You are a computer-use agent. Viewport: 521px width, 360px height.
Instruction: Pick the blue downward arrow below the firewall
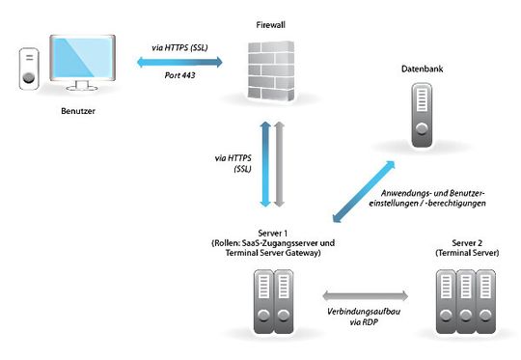tap(264, 164)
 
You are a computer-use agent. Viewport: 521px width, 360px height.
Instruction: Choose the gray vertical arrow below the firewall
tap(280, 164)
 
